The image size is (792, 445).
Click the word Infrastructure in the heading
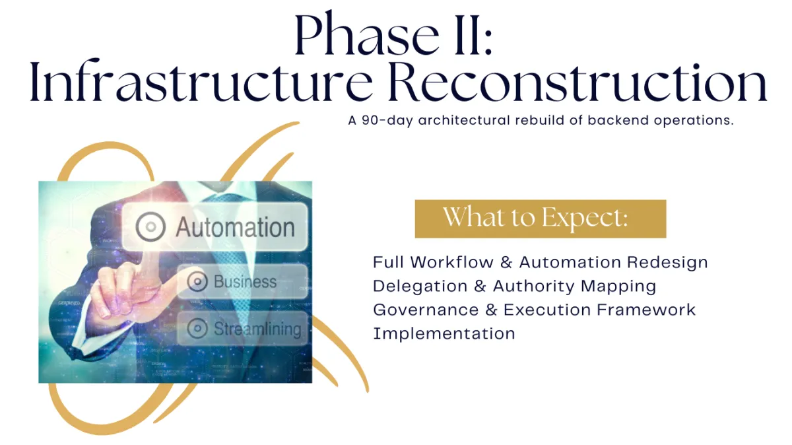tap(201, 81)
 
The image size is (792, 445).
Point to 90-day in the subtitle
tap(387, 120)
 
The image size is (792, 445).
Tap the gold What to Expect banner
tap(541, 219)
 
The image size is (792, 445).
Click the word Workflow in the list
tap(451, 263)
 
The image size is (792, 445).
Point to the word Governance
tap(426, 310)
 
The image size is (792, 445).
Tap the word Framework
tap(646, 310)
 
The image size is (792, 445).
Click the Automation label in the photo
tap(235, 227)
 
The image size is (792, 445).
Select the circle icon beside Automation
tap(150, 226)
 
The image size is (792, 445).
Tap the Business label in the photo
tap(245, 282)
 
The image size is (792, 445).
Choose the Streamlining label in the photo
tap(257, 329)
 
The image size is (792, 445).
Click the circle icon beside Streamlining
tap(197, 328)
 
